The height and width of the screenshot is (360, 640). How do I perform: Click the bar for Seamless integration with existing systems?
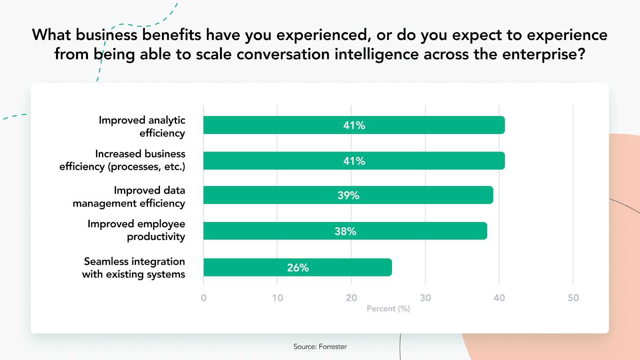point(298,268)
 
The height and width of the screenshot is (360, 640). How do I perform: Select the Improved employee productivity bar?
point(345,231)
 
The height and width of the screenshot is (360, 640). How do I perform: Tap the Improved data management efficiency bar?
point(348,195)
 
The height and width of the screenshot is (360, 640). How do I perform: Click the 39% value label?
point(348,196)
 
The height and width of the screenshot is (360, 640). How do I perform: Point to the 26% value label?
point(298,268)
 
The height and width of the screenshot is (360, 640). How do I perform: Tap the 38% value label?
point(346,231)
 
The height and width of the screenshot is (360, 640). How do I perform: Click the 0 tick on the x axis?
point(204,298)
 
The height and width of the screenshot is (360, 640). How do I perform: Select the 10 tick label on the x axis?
point(277,298)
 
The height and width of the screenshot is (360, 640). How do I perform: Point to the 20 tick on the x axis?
point(351,298)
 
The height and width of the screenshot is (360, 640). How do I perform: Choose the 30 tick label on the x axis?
point(425,298)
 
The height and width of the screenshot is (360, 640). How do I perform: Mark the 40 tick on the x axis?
point(499,298)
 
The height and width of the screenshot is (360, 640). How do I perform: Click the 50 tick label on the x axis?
point(573,298)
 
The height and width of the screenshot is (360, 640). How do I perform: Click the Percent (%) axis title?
point(388,308)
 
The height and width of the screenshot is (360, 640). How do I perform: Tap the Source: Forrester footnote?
point(320,346)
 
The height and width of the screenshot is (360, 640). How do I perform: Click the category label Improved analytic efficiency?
point(142,126)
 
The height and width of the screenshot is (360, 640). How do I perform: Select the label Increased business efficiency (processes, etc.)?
point(122,160)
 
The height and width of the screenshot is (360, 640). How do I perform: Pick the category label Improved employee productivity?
point(136,230)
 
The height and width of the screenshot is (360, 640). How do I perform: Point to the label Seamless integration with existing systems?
point(134,268)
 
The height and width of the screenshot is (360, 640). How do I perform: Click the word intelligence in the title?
point(376,54)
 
